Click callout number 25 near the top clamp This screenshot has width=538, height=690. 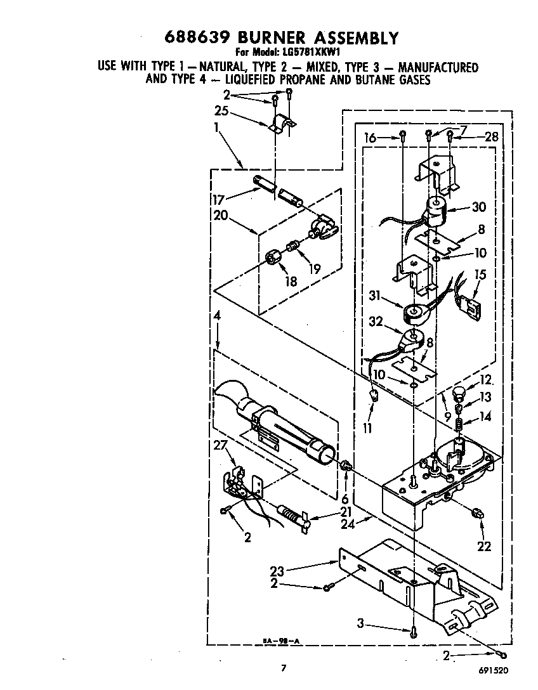221,110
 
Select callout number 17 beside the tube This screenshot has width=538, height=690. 219,200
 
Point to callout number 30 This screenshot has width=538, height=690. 478,207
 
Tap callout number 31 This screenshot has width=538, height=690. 375,296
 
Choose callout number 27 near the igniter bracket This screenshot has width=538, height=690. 220,446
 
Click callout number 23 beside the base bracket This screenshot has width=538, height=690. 277,571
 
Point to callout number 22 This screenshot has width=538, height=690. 484,546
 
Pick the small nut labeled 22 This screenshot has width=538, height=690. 478,513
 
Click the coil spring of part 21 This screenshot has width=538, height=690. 288,513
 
